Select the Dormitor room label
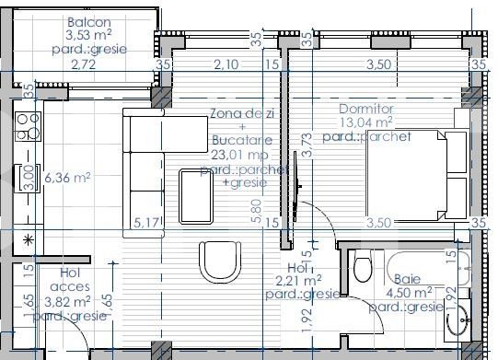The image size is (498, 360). click(365, 107)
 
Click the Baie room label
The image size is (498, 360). click(408, 279)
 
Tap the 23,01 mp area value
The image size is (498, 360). click(240, 157)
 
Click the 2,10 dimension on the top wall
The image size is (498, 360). click(226, 64)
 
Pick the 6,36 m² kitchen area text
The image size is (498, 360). click(67, 178)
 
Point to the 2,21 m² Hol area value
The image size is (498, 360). click(298, 281)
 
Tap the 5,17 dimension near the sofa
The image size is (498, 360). click(145, 222)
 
